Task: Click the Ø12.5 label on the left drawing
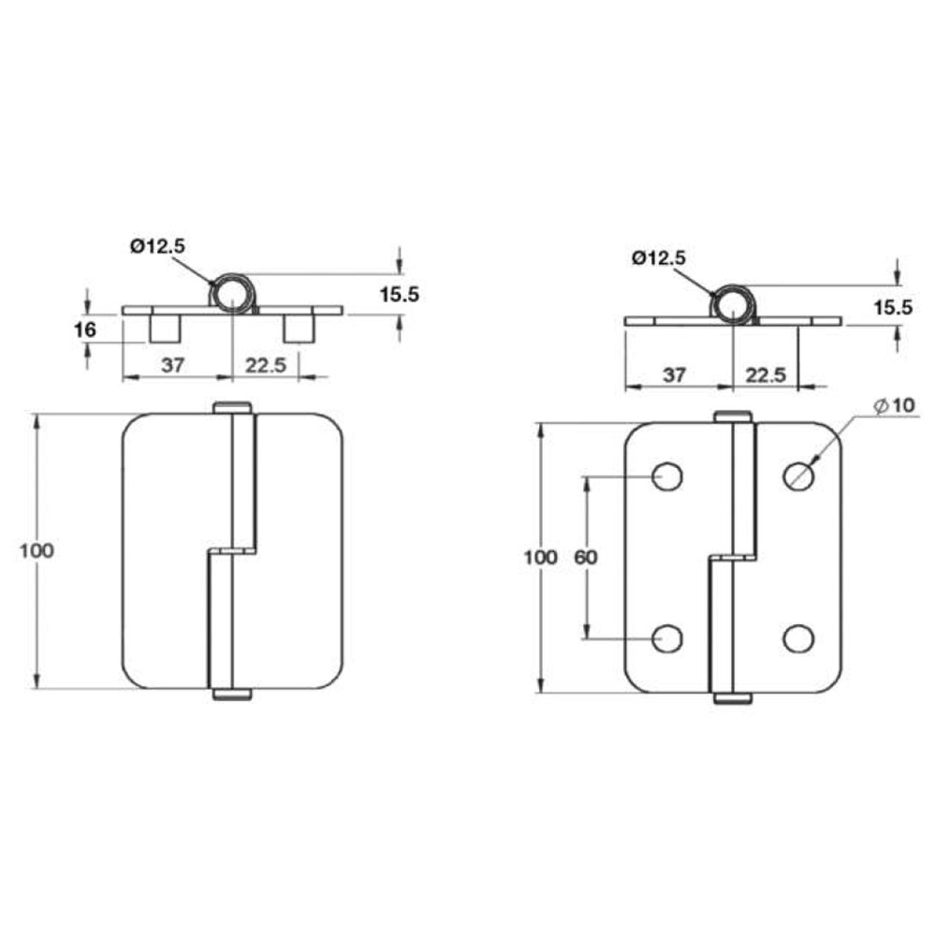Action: [157, 246]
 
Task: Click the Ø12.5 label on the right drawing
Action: [659, 258]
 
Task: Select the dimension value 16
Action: [85, 329]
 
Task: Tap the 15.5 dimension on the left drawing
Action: [400, 294]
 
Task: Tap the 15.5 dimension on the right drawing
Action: [894, 307]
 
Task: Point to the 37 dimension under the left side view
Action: [172, 365]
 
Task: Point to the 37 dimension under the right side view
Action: [674, 375]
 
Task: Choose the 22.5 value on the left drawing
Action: [266, 365]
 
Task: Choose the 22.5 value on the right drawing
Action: [766, 375]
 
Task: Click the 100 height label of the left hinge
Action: [37, 550]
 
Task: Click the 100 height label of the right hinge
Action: [540, 557]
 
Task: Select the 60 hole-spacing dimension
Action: [585, 557]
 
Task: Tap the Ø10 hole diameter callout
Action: [894, 406]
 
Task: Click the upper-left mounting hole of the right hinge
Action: [667, 476]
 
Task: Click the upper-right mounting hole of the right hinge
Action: [798, 476]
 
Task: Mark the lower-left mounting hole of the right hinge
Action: [667, 638]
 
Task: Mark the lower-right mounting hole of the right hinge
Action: [798, 638]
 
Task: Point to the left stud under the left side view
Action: [165, 329]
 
